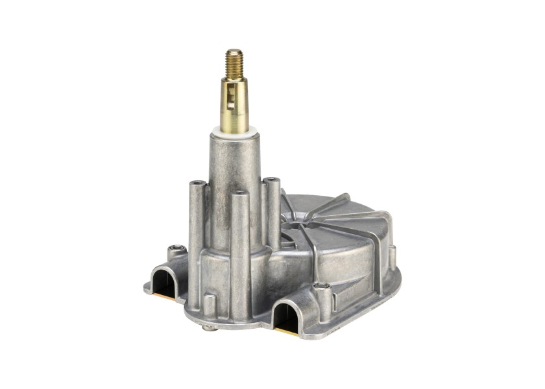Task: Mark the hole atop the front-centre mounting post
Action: [240, 193]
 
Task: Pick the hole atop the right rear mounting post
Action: [271, 180]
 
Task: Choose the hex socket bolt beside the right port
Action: [321, 286]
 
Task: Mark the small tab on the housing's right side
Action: [392, 257]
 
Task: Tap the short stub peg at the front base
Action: [208, 304]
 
